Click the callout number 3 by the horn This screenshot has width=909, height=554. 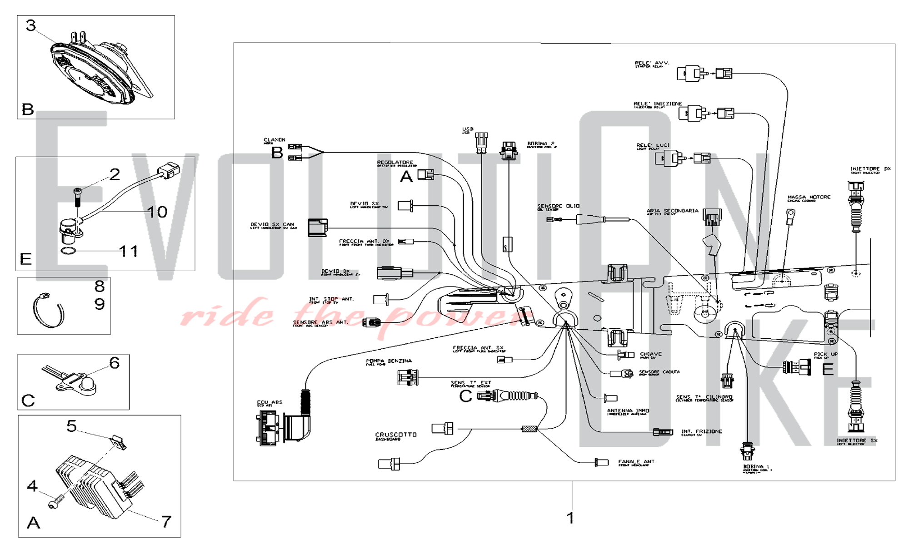(x=30, y=25)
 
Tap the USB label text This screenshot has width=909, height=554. (x=468, y=129)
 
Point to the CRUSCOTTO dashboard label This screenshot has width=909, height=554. (x=395, y=435)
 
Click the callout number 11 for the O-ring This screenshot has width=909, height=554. (x=128, y=251)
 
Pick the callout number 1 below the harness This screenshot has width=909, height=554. (x=570, y=518)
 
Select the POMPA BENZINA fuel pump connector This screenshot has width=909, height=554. (x=408, y=377)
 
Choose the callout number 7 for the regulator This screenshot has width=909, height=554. (x=166, y=521)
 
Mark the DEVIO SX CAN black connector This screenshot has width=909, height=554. (x=317, y=228)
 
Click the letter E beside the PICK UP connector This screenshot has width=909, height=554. (x=828, y=369)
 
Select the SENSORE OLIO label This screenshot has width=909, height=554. (x=558, y=206)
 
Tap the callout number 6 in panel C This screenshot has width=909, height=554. (x=114, y=363)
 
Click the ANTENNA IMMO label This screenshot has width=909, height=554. (x=628, y=411)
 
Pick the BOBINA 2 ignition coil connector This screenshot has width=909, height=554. (x=509, y=150)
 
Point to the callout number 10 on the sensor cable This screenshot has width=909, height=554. (x=157, y=212)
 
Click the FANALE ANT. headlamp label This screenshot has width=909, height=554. (x=637, y=462)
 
